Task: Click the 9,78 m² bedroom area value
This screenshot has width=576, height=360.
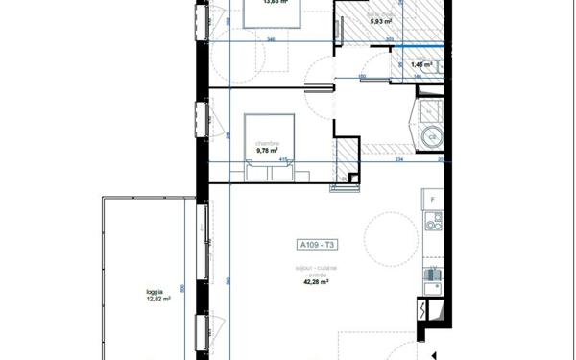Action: [x=267, y=151]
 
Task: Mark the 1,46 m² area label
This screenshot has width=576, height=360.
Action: [x=421, y=64]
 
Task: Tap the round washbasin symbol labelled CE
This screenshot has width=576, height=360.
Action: [x=432, y=137]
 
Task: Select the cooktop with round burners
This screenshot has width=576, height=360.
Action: [x=432, y=229]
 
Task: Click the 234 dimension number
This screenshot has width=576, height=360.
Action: [x=398, y=162]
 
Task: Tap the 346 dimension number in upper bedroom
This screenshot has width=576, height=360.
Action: [x=271, y=40]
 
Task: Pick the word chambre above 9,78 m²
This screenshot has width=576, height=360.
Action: [x=266, y=142]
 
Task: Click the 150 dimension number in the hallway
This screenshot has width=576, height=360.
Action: [x=361, y=76]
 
